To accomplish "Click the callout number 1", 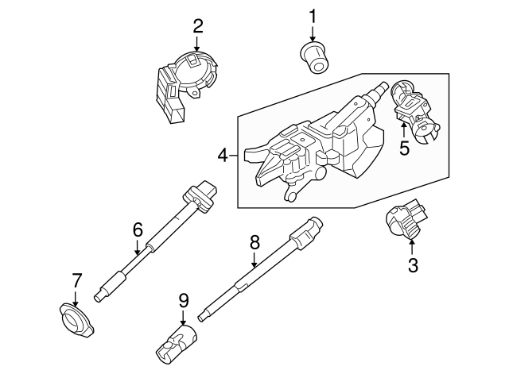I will click(x=313, y=15).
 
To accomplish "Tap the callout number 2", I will click(x=198, y=26).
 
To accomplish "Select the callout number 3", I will click(x=413, y=266).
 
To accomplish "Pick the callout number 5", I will click(x=405, y=148).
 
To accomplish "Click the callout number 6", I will click(x=137, y=230).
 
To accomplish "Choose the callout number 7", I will click(x=76, y=280).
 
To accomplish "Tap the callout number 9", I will click(x=183, y=300).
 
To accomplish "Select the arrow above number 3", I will click(x=412, y=244).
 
